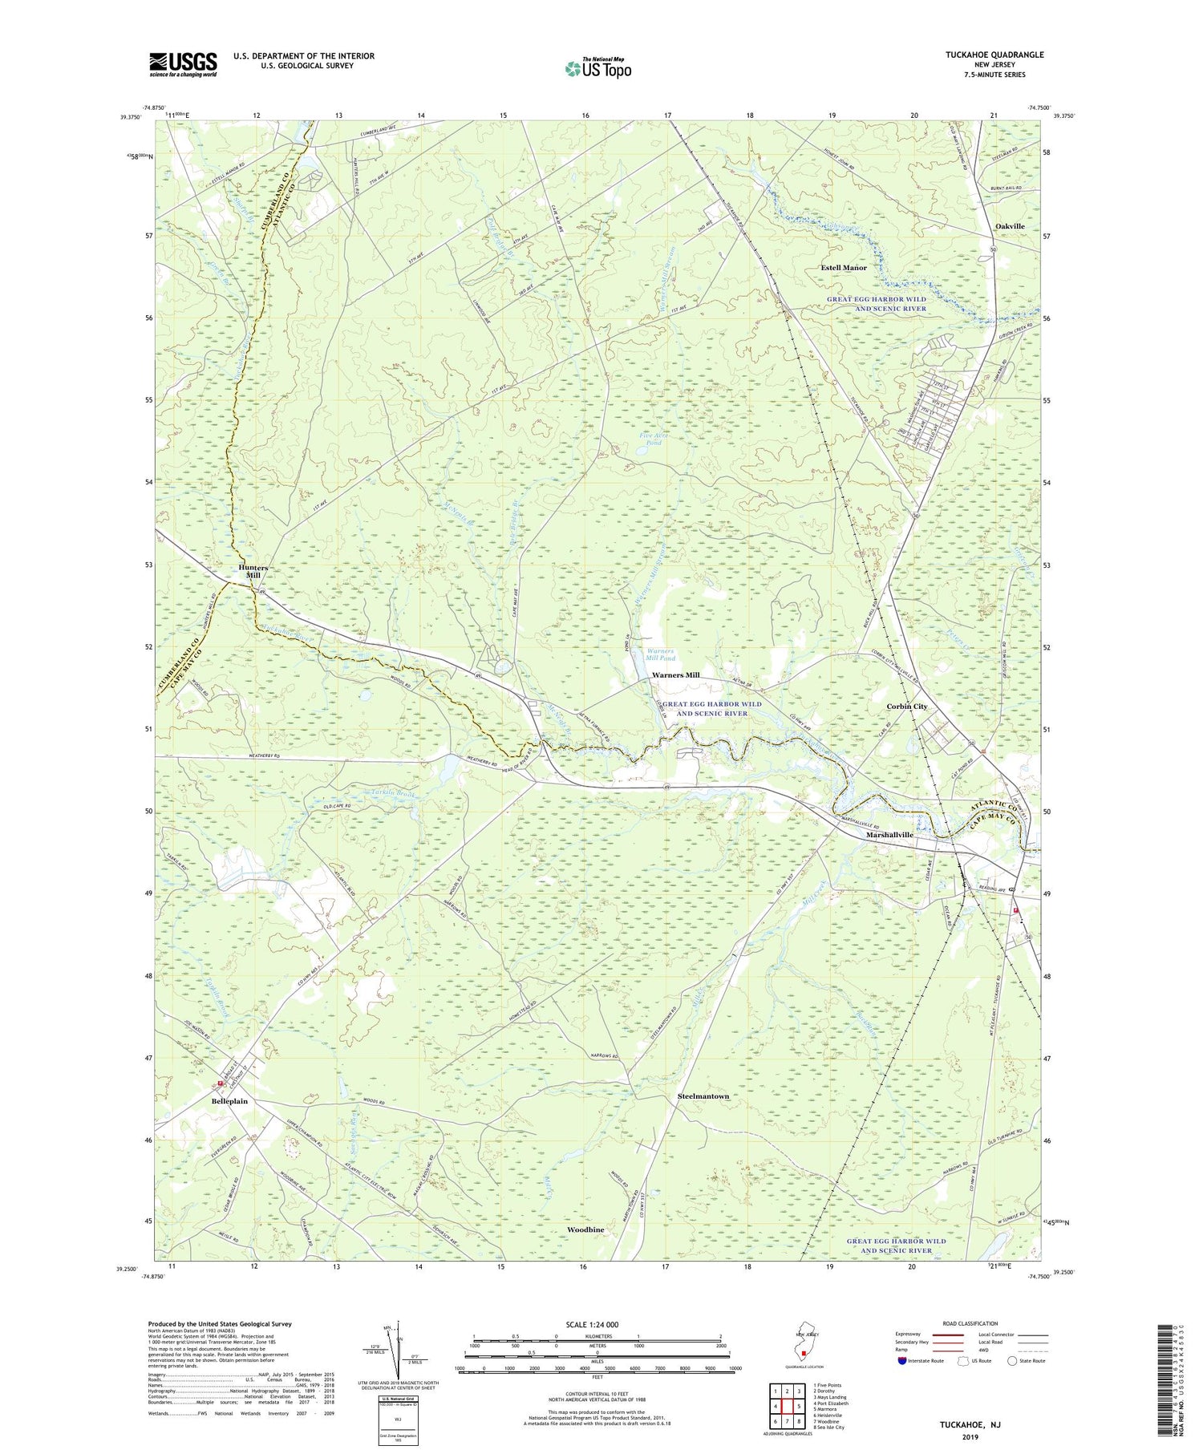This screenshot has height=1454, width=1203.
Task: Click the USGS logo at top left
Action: point(183,64)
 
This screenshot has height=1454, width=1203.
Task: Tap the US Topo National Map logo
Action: point(597,68)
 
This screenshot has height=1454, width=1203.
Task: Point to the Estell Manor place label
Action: point(843,267)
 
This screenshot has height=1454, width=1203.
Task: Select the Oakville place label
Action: point(1010,226)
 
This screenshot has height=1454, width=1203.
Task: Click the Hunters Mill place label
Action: point(253,571)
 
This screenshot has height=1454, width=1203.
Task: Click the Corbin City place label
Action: point(906,706)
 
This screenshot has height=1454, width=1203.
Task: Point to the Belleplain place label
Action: point(229,1101)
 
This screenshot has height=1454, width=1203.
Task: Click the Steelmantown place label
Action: point(703,1096)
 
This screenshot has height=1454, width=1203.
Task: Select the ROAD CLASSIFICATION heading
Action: point(970,1323)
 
